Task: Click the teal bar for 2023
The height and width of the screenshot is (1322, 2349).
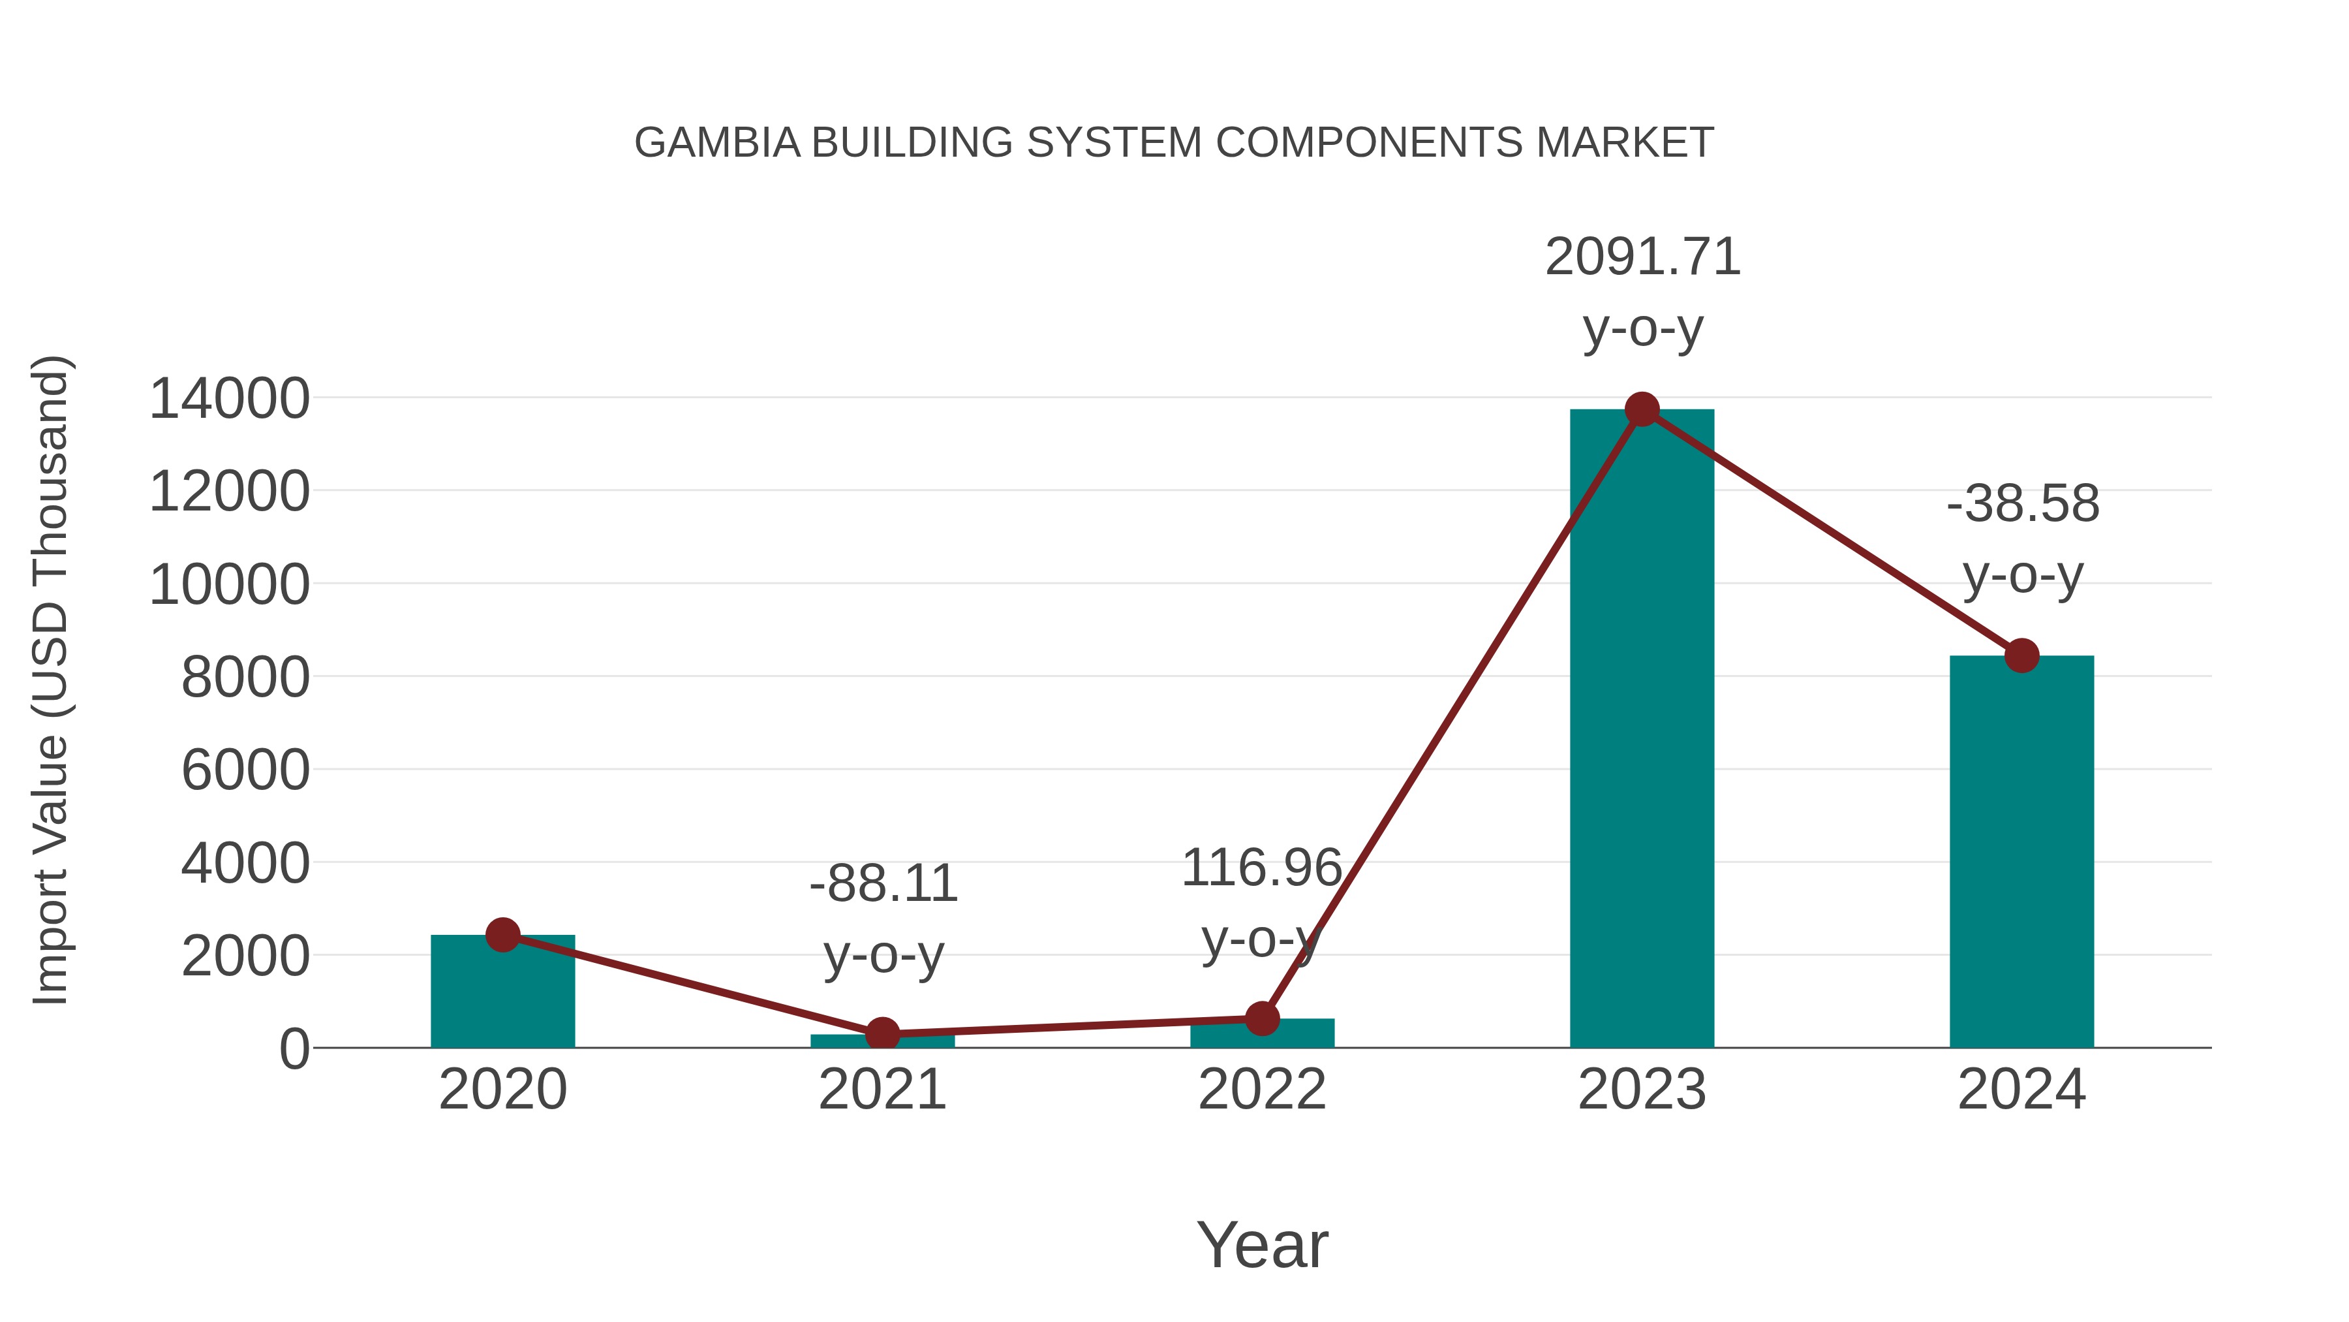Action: (x=1642, y=730)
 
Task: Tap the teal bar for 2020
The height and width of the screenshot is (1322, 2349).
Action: (x=502, y=994)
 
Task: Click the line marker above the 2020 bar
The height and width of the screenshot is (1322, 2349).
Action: (x=502, y=934)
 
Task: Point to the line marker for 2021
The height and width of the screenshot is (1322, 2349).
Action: (x=882, y=1033)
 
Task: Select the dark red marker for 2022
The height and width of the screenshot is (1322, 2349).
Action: (x=1262, y=1018)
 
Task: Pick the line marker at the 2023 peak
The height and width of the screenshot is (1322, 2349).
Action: (x=1642, y=409)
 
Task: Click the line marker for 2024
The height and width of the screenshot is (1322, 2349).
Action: (x=2021, y=655)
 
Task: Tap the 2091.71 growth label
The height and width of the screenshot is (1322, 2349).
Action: (x=1642, y=257)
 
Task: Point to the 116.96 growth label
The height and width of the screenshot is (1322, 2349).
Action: (x=1261, y=868)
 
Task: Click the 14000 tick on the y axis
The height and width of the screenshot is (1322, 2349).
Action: (x=229, y=399)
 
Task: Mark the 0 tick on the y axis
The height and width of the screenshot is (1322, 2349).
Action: (x=294, y=1049)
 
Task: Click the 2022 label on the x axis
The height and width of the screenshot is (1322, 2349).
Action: (x=1262, y=1090)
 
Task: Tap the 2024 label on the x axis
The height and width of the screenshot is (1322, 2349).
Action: (x=2021, y=1090)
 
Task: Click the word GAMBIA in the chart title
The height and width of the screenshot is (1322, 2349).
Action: (x=716, y=143)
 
